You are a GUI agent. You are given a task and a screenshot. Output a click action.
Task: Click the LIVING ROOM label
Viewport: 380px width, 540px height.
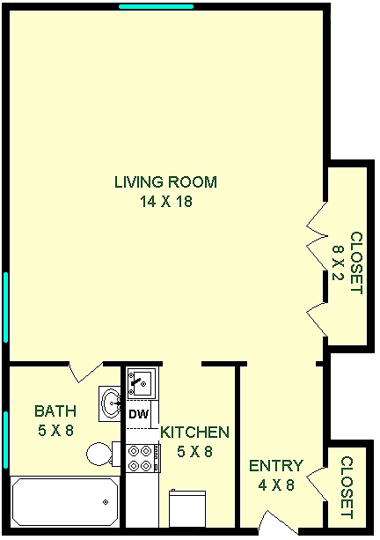pyautogui.click(x=165, y=182)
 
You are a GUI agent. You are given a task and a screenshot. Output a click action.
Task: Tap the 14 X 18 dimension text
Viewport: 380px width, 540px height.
pyautogui.click(x=166, y=202)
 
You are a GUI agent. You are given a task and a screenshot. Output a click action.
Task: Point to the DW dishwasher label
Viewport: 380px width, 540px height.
pyautogui.click(x=139, y=414)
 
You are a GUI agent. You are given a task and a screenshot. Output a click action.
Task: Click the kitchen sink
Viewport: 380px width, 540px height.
pyautogui.click(x=142, y=382)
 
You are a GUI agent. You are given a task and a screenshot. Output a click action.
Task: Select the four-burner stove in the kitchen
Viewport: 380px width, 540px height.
pyautogui.click(x=143, y=458)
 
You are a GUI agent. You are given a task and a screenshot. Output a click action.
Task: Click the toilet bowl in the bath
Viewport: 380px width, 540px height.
pyautogui.click(x=99, y=455)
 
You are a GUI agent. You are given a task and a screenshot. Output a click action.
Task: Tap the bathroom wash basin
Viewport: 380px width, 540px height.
pyautogui.click(x=110, y=403)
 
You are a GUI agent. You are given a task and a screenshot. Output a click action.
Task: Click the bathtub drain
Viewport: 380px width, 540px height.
pyautogui.click(x=106, y=502)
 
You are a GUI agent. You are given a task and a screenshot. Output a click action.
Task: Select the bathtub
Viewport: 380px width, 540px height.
pyautogui.click(x=65, y=501)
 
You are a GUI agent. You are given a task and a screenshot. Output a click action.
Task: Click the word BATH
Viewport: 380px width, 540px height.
pyautogui.click(x=55, y=411)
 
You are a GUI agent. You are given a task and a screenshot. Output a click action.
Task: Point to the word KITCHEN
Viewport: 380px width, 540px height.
pyautogui.click(x=195, y=433)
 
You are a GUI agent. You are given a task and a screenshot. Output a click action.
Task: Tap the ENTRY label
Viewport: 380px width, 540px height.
pyautogui.click(x=276, y=466)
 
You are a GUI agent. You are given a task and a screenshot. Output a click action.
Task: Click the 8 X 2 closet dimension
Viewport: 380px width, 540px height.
pyautogui.click(x=338, y=263)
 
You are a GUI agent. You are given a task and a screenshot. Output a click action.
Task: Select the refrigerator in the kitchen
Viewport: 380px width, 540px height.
pyautogui.click(x=187, y=508)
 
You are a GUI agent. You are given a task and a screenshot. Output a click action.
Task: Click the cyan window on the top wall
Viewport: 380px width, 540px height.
pyautogui.click(x=156, y=6)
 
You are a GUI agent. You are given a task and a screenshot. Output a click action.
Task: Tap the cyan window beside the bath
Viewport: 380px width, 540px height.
pyautogui.click(x=5, y=440)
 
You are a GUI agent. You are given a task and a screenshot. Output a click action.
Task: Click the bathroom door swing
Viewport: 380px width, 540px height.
pyautogui.click(x=86, y=372)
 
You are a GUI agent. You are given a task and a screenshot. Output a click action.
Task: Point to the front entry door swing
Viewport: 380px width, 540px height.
pyautogui.click(x=279, y=522)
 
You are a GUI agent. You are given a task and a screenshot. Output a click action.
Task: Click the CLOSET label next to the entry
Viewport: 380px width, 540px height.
pyautogui.click(x=347, y=487)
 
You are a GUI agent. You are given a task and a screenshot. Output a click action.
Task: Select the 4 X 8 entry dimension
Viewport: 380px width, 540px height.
pyautogui.click(x=276, y=485)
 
